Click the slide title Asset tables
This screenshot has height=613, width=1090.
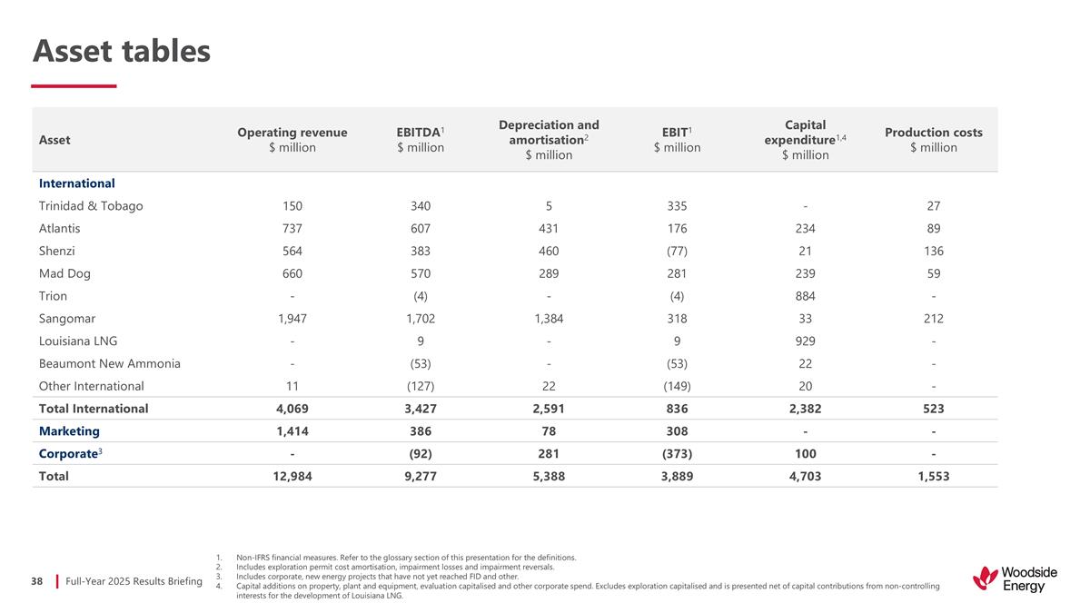[122, 52]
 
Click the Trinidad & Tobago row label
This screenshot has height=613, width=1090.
[91, 206]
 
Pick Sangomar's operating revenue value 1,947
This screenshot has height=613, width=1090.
[292, 319]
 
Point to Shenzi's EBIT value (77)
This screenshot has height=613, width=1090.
[677, 252]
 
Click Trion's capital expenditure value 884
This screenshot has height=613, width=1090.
[805, 296]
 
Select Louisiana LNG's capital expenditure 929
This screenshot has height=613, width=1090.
[805, 341]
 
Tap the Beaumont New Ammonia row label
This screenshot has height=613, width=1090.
[110, 364]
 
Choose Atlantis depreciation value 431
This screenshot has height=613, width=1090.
[549, 229]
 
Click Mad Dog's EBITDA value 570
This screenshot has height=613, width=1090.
[421, 273]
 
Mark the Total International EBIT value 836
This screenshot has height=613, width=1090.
[677, 409]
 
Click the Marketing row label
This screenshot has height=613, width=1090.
[70, 431]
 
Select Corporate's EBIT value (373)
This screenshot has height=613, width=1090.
[677, 454]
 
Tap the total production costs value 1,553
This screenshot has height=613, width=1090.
[934, 476]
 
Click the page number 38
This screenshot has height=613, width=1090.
[37, 580]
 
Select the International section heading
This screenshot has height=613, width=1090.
[77, 183]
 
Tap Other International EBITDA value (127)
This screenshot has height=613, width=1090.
[421, 386]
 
